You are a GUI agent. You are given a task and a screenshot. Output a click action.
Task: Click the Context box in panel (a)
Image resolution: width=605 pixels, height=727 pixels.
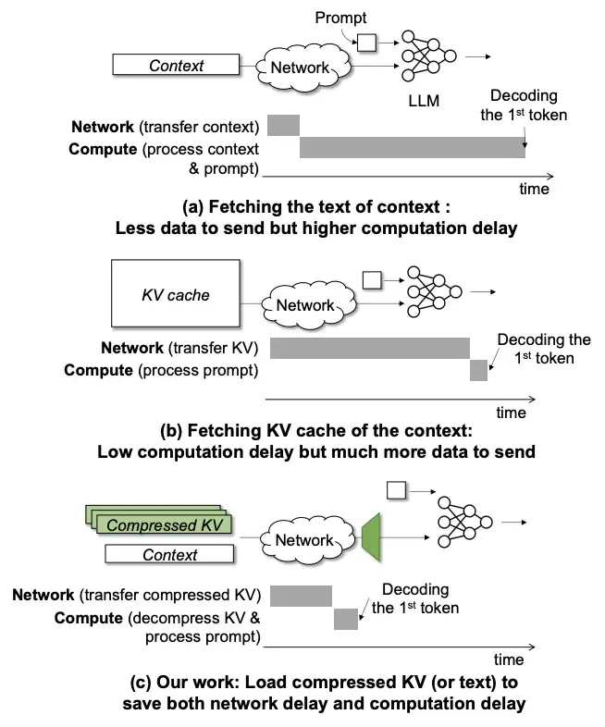coord(176,65)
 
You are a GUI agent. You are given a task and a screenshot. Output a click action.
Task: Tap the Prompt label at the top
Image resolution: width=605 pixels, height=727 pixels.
coord(340,18)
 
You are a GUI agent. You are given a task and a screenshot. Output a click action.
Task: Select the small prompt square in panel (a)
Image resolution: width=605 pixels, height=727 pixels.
coord(366,43)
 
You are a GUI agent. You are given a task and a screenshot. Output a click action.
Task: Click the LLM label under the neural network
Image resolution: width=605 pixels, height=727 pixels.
coord(424,101)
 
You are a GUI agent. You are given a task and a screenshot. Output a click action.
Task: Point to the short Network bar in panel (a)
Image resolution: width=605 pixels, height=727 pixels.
coord(283,125)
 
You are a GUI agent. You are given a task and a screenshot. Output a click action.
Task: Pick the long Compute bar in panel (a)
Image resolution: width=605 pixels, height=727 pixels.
coord(413,147)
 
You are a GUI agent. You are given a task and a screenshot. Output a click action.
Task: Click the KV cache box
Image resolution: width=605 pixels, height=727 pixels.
coord(176,293)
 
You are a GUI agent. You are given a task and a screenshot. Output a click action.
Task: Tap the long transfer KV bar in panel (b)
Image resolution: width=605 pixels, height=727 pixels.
coord(369,348)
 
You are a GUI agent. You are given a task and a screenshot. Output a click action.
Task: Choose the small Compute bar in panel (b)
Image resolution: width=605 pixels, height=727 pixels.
coord(478,371)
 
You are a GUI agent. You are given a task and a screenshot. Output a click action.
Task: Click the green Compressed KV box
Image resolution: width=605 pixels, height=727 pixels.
coord(165,524)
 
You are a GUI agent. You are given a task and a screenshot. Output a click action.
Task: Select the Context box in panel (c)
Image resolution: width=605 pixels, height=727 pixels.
coord(169,554)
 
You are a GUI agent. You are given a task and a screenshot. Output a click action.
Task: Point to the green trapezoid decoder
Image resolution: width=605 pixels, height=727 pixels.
coord(371,537)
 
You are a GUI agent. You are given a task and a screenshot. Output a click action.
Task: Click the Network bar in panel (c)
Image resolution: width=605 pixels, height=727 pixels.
coord(301,596)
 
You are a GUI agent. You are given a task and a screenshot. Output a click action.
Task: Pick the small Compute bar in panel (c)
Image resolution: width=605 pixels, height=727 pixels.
coord(346,619)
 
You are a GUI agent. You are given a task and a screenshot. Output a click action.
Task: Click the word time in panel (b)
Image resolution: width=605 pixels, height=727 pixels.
coord(511,413)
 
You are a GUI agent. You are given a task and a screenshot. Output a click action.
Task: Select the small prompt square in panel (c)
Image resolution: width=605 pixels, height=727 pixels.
coord(396,490)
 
